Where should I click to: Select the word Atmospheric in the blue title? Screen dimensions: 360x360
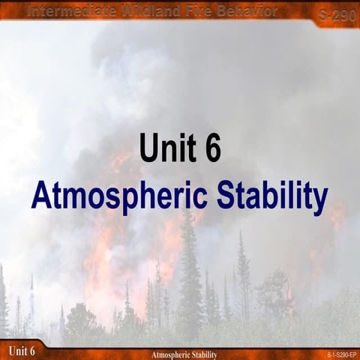tap(119, 196)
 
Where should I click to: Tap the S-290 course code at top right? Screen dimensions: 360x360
tap(331, 13)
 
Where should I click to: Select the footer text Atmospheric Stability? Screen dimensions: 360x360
tap(184, 354)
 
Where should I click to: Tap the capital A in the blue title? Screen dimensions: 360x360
tap(42, 196)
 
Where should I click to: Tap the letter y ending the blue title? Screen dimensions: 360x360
tap(320, 199)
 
